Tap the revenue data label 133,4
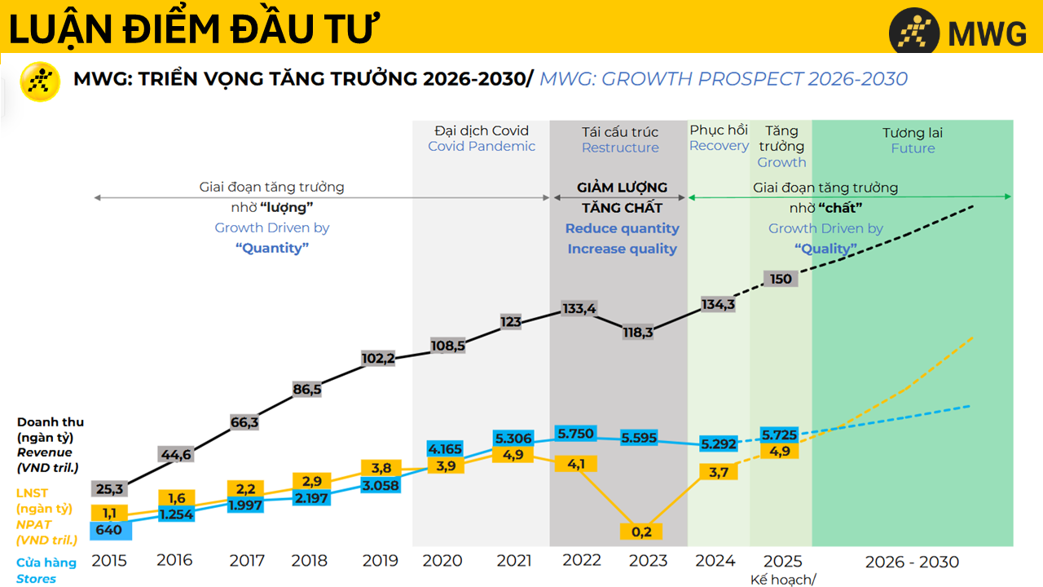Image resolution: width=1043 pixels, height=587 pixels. (x=579, y=309)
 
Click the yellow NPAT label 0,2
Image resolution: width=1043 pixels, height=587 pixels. (x=641, y=532)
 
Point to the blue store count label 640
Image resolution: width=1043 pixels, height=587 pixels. (x=109, y=530)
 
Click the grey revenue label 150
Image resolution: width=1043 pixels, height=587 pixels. (x=781, y=279)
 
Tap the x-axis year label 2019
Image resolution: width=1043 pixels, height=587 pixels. (x=381, y=561)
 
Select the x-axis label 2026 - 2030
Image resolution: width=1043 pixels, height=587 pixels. (x=912, y=562)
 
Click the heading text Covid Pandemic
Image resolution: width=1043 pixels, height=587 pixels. (x=482, y=147)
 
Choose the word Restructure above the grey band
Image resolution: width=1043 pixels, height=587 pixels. (x=620, y=148)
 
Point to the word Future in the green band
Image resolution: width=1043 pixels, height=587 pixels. (x=913, y=148)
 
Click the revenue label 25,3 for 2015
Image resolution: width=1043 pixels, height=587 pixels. (x=108, y=489)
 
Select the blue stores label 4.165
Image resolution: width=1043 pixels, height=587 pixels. (x=444, y=448)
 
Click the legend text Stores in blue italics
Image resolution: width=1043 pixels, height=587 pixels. (x=37, y=579)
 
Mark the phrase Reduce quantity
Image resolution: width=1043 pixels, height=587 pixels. (x=622, y=229)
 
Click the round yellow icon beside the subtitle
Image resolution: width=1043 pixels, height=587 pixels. (x=40, y=82)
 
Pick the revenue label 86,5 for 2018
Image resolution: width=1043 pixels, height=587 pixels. (x=306, y=390)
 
